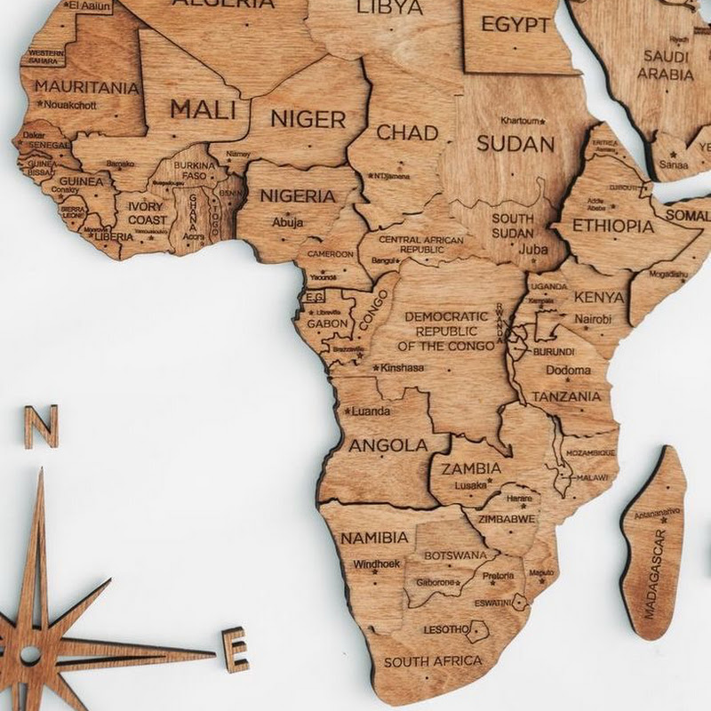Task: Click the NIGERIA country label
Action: click(x=298, y=196)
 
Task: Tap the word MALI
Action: click(x=204, y=110)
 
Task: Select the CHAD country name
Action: click(x=408, y=133)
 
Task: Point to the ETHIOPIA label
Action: click(x=613, y=226)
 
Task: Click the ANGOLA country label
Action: click(x=388, y=444)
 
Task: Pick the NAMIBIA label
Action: click(x=375, y=538)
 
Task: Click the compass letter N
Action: click(x=41, y=427)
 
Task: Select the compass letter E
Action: click(x=236, y=649)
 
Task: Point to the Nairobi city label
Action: click(x=593, y=318)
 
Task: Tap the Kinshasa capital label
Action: click(x=402, y=367)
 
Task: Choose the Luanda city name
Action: click(x=371, y=411)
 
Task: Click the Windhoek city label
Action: click(x=377, y=563)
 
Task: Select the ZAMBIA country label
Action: click(x=472, y=468)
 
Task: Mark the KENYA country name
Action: click(x=599, y=297)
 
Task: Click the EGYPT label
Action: click(x=515, y=24)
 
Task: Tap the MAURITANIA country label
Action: click(x=87, y=88)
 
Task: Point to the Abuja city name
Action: click(x=287, y=222)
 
